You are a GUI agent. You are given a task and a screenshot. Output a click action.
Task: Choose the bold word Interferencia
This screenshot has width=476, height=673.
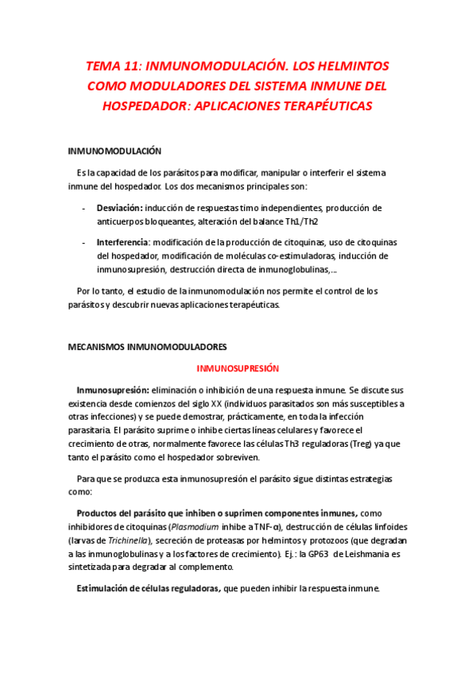click(122, 241)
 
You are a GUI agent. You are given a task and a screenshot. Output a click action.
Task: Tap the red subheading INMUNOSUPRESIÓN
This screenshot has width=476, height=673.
click(238, 368)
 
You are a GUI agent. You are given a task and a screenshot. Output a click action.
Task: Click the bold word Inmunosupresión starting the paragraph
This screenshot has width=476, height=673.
click(112, 390)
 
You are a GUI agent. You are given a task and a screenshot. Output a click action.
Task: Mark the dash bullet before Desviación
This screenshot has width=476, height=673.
click(84, 208)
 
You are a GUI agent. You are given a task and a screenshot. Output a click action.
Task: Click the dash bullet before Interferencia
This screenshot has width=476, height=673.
click(84, 241)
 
